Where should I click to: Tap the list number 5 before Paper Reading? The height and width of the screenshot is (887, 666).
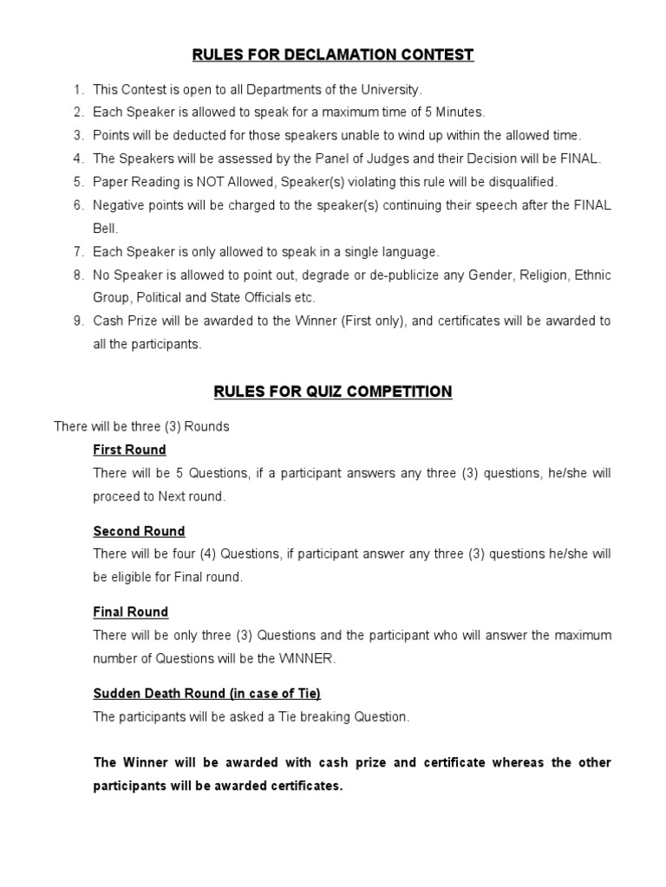[78, 182]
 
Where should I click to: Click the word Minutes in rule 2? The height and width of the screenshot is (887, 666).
[461, 112]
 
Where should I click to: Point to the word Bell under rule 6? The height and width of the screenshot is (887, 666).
[105, 229]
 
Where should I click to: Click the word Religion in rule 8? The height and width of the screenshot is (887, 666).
[539, 275]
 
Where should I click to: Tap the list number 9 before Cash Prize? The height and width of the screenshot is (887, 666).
[78, 321]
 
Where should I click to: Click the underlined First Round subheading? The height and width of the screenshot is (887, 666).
[129, 450]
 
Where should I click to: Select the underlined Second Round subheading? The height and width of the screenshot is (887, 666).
[139, 531]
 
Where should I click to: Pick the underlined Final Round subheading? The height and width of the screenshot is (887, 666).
[130, 612]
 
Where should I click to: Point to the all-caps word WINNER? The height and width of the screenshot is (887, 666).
[305, 658]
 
